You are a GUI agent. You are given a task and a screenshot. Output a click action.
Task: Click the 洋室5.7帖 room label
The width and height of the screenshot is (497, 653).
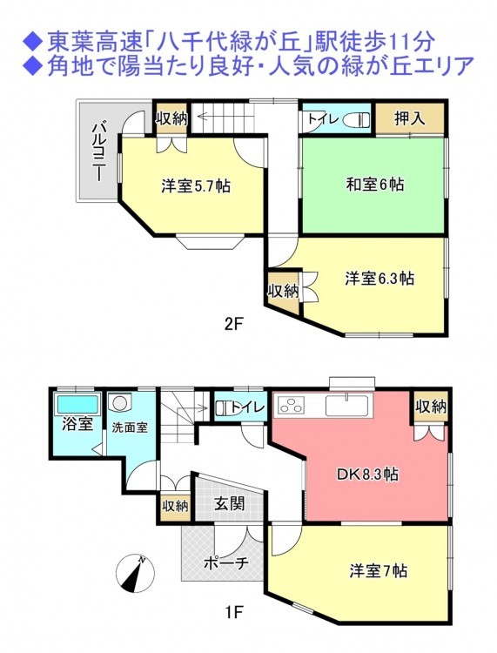point(196,185)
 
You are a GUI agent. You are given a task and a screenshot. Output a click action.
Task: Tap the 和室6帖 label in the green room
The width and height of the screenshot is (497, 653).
point(374,184)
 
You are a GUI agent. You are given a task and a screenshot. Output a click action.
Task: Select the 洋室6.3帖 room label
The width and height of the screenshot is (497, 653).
point(379,279)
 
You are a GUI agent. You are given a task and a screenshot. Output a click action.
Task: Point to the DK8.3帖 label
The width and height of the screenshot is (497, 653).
point(367,474)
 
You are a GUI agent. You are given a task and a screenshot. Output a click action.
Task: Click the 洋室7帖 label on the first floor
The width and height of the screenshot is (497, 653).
point(379,570)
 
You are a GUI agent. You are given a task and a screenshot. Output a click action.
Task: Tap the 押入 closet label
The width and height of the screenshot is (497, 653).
point(410,118)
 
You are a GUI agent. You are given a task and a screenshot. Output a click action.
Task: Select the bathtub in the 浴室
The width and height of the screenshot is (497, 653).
point(77,403)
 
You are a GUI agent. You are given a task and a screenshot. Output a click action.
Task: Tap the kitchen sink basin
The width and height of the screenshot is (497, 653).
point(347,405)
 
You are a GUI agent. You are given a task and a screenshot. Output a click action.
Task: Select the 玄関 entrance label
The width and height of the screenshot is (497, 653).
point(230,504)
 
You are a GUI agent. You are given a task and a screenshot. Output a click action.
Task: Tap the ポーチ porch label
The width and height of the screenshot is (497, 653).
point(226,563)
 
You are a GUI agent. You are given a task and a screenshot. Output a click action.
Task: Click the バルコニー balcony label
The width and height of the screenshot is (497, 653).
point(99,152)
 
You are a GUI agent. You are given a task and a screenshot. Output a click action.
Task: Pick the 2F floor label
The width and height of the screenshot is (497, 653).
point(233,324)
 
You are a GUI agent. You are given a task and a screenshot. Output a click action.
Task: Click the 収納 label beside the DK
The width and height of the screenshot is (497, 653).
point(431,406)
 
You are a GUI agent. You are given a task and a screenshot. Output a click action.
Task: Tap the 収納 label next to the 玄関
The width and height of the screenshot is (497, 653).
point(175,507)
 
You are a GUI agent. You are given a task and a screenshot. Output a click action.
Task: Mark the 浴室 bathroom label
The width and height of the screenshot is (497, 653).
point(77,424)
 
